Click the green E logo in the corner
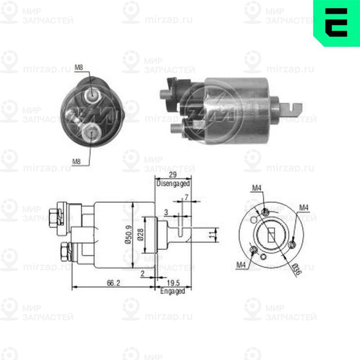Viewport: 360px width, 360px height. coord(337,23)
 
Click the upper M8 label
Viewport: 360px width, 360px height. coord(78,68)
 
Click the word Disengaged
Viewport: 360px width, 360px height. coord(173,184)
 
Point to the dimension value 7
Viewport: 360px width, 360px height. coord(186,198)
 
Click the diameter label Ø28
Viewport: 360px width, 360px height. coord(140,234)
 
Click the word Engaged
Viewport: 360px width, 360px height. coord(173,291)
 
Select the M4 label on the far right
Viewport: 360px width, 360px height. coord(304,207)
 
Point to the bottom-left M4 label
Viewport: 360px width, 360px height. coord(242,265)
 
